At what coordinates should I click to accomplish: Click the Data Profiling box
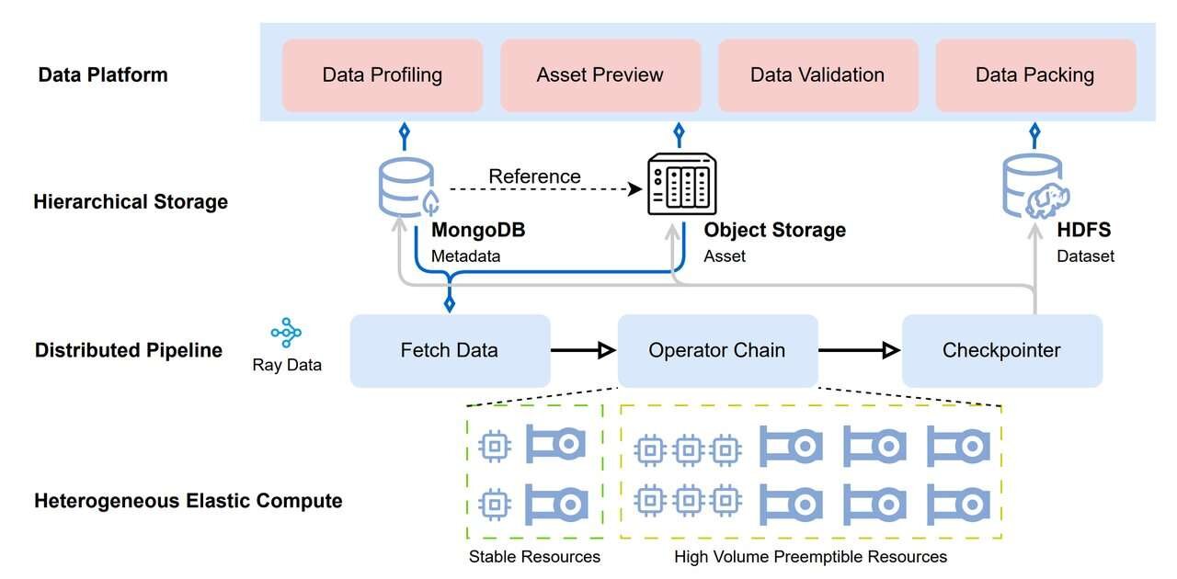(382, 75)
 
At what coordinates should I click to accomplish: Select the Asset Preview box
(600, 75)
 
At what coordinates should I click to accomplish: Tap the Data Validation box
(817, 75)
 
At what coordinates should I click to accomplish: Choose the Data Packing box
(1034, 75)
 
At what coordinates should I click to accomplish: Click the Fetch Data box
(450, 350)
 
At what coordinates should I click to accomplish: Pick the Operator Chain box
(717, 350)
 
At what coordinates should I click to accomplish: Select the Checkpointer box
(1001, 350)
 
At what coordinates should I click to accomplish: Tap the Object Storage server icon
(681, 184)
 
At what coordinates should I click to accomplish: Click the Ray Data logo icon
(286, 333)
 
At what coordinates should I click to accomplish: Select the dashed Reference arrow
(543, 189)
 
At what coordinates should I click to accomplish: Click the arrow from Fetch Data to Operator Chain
(583, 350)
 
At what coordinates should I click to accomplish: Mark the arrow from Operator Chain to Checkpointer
(859, 350)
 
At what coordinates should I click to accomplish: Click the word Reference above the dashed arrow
(534, 176)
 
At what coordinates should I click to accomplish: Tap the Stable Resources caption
(534, 556)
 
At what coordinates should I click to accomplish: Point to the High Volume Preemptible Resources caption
(810, 556)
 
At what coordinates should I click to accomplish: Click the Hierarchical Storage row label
(131, 202)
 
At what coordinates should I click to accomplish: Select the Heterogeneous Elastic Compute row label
(189, 501)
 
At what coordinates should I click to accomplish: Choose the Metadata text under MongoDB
(465, 256)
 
